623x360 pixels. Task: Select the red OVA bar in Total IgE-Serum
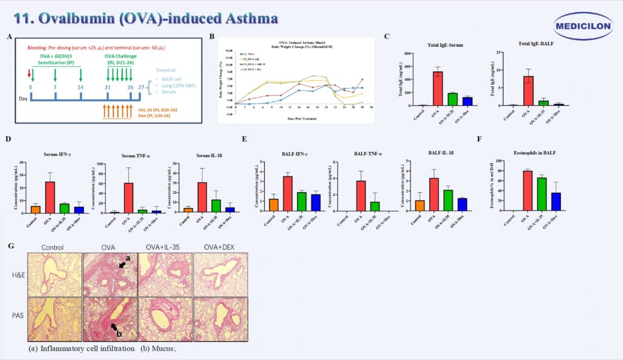pos(438,89)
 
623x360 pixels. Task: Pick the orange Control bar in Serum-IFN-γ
pos(35,210)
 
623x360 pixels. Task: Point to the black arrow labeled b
pos(114,328)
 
